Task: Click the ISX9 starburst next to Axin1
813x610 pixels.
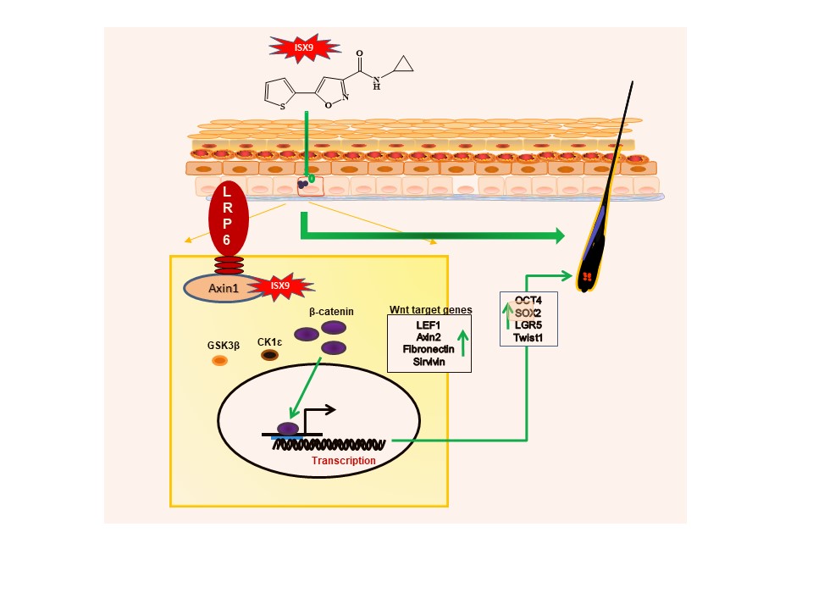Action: point(280,286)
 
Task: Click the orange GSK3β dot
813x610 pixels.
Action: point(219,361)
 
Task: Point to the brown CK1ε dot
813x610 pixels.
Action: point(270,354)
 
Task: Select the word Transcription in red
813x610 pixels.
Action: point(343,461)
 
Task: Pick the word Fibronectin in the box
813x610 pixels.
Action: point(429,348)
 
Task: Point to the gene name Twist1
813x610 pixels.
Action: point(528,337)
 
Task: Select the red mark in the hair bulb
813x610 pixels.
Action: point(586,277)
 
